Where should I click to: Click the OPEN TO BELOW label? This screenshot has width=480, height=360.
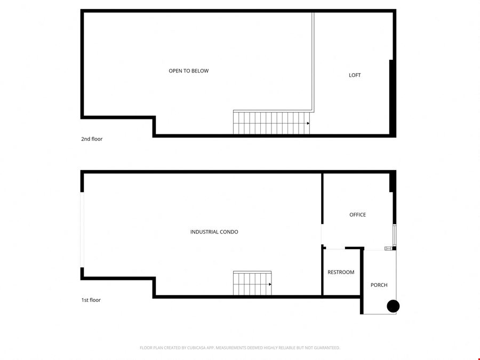(x=189, y=71)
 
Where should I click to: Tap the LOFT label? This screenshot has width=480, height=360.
(x=355, y=75)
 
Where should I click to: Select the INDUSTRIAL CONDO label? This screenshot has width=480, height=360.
(x=214, y=232)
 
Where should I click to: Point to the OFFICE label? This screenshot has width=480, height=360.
(x=357, y=214)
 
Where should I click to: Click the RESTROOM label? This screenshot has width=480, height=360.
(x=341, y=272)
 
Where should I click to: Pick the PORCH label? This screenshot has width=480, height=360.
(x=379, y=285)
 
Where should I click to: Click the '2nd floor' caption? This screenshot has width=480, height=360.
(x=92, y=139)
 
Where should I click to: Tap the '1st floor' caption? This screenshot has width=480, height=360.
(x=91, y=300)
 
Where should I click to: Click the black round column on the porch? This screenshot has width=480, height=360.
(x=393, y=306)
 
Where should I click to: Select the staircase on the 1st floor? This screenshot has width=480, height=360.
(x=252, y=283)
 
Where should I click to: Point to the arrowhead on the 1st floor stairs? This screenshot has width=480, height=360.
(x=270, y=284)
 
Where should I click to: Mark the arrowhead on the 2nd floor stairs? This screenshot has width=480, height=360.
(x=308, y=123)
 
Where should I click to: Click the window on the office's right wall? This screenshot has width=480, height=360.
(x=395, y=235)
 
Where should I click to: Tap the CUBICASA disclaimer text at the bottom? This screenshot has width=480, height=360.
(x=239, y=348)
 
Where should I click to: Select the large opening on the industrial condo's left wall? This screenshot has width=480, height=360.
(x=82, y=229)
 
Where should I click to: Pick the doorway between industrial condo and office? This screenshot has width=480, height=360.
(x=322, y=234)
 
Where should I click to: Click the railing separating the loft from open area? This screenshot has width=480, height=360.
(x=313, y=61)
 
